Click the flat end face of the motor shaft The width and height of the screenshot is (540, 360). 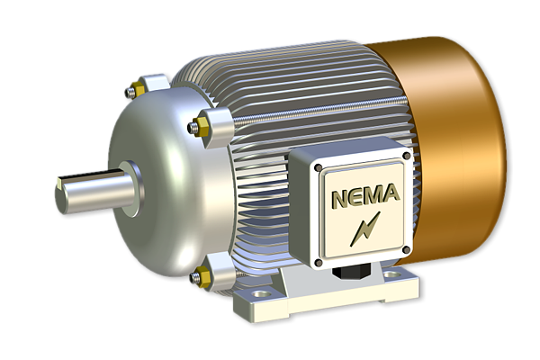(59, 192)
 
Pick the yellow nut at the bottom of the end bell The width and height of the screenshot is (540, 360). (199, 277)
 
